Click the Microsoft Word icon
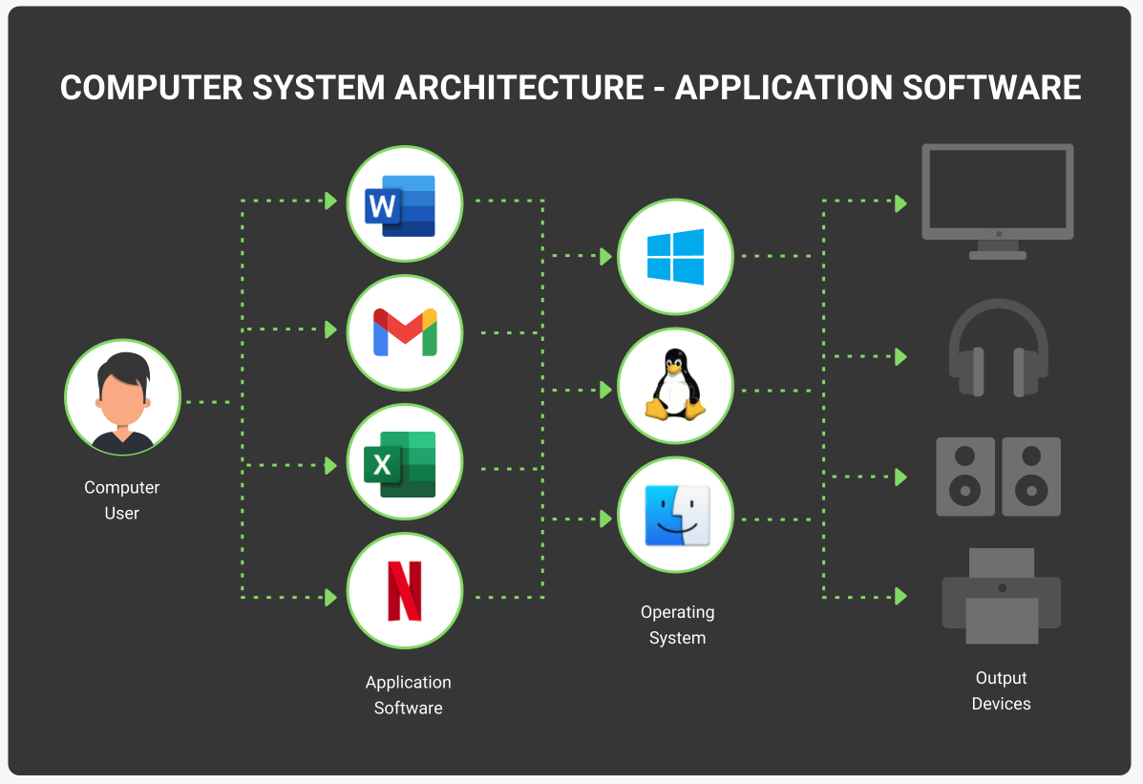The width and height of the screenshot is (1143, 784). click(400, 205)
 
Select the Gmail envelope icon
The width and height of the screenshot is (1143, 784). click(405, 332)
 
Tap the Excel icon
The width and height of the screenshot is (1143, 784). click(400, 464)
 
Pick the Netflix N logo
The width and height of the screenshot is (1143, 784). click(405, 591)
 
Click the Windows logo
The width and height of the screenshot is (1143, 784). click(676, 257)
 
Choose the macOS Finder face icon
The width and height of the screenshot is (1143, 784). click(677, 516)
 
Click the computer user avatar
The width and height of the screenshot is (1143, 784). click(122, 398)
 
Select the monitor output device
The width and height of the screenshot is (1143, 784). click(998, 201)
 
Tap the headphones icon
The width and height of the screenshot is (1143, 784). click(999, 348)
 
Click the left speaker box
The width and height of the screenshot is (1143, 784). click(965, 477)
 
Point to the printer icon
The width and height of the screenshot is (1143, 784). click(1002, 596)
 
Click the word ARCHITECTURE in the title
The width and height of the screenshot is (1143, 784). click(519, 88)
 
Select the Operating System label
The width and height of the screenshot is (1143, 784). click(678, 625)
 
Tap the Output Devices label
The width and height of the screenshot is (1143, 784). click(1002, 690)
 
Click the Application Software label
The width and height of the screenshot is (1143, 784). click(409, 695)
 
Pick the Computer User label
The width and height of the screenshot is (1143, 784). click(121, 500)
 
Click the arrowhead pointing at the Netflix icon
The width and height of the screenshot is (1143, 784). click(331, 597)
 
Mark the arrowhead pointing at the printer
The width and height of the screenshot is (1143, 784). click(901, 597)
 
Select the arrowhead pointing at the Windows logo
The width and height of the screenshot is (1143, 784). click(605, 256)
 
